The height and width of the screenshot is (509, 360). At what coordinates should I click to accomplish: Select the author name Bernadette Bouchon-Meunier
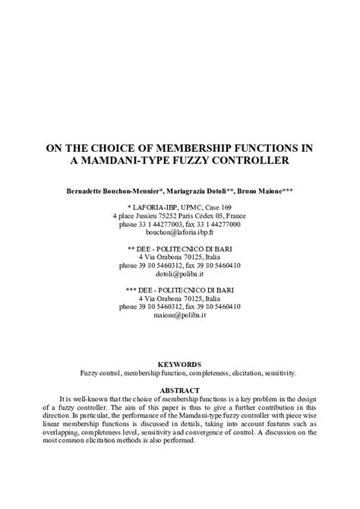(107, 188)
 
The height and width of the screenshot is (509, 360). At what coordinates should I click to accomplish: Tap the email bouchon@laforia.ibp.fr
(180, 234)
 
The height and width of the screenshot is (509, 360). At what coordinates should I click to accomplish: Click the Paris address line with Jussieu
(180, 216)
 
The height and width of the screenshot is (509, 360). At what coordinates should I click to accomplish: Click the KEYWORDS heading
(179, 365)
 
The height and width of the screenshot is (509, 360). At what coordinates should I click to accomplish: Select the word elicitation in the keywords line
(242, 374)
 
